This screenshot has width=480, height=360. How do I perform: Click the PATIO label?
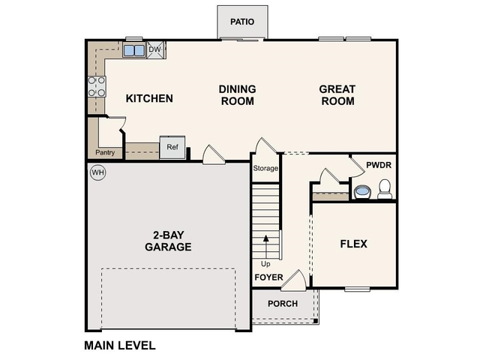pos(242,22)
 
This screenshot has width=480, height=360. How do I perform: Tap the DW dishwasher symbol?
pos(156,49)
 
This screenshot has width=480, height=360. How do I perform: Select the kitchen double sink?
pos(134,51)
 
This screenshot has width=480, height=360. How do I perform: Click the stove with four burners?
pos(97,86)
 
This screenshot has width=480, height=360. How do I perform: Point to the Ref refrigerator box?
pos(172,148)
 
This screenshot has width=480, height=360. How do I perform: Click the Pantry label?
pos(104,152)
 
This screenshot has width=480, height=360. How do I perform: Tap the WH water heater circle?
pos(97,173)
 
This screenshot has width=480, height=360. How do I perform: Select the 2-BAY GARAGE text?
pos(168,240)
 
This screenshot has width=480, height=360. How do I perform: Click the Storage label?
pos(265,168)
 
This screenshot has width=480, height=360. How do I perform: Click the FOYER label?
pos(268,277)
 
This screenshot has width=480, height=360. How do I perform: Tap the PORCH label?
pos(283,304)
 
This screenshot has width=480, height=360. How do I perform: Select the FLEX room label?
pos(354,244)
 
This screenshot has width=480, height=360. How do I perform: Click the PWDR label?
pos(378,165)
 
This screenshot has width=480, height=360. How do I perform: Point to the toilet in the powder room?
pos(385,189)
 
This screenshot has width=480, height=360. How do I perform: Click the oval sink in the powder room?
pos(361,191)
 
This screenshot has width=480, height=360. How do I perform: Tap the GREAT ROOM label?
pos(337,95)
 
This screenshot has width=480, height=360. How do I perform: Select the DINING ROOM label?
pos(237,95)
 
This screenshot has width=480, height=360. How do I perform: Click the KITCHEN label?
pos(149,98)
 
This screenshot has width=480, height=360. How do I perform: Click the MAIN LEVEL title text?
pos(119,346)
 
